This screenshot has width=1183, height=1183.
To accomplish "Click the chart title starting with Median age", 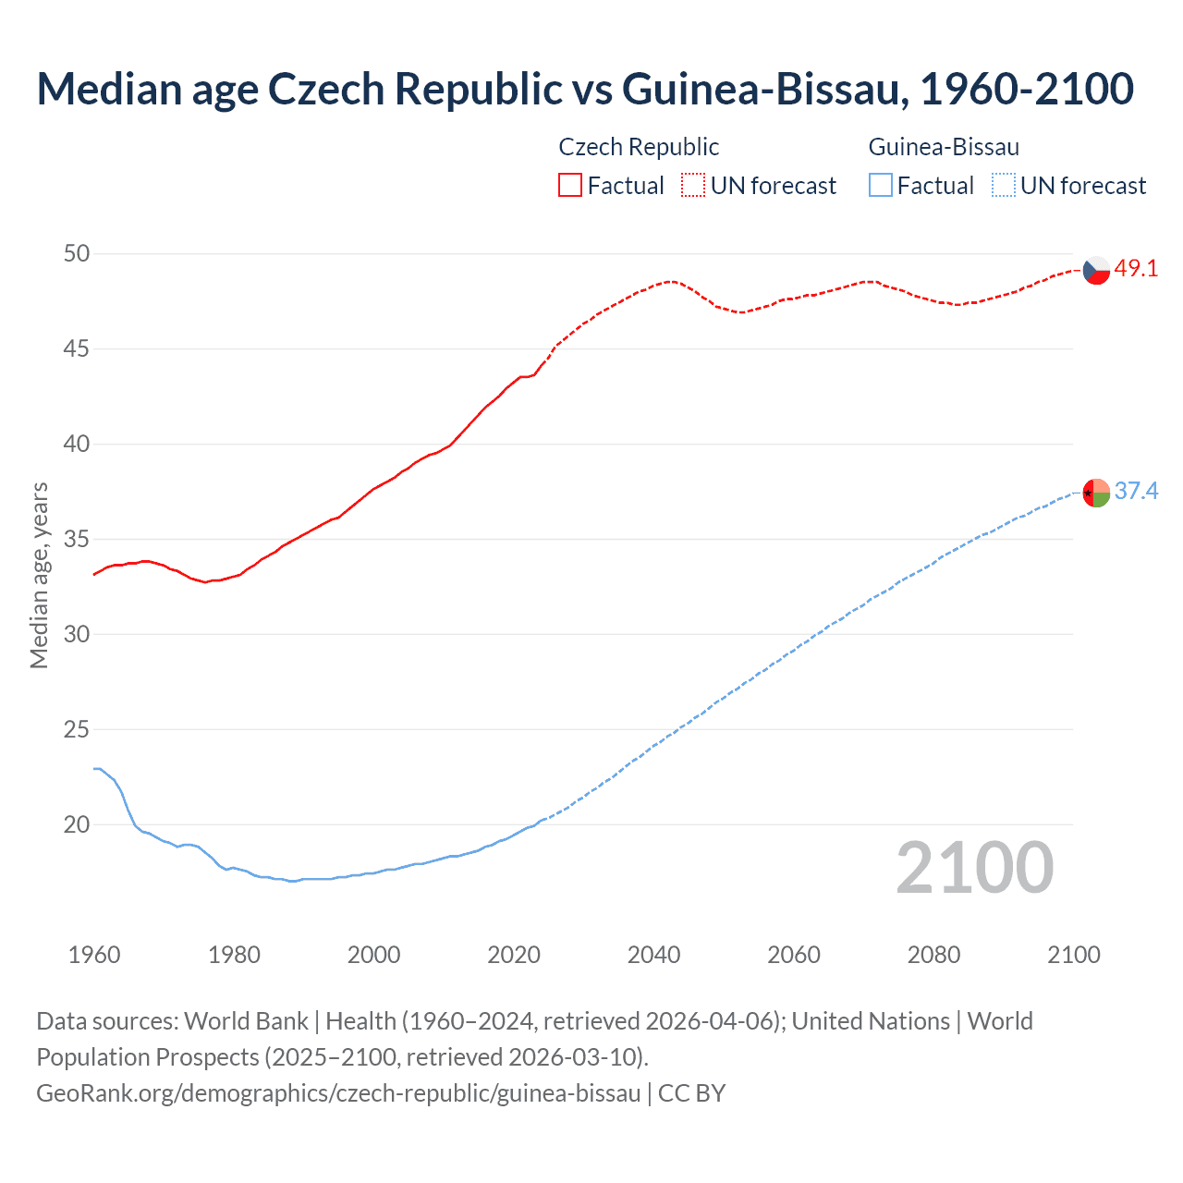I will [x=584, y=89].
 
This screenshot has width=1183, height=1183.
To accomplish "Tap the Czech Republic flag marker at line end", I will [x=1096, y=270].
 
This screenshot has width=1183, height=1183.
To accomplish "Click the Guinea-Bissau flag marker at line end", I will [x=1096, y=493].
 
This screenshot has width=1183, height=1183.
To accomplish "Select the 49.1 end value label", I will [x=1136, y=269].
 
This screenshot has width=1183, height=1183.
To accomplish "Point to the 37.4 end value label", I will [x=1136, y=491].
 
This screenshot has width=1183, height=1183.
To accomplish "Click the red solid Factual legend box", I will [x=570, y=186].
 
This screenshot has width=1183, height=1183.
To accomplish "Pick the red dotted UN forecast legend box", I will [x=693, y=186].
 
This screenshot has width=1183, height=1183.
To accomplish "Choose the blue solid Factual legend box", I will [x=881, y=186].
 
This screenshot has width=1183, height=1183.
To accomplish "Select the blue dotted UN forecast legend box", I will [x=1004, y=186].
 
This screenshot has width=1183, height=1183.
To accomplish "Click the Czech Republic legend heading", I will [x=639, y=147].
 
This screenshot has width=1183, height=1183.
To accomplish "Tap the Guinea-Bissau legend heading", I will [x=944, y=147].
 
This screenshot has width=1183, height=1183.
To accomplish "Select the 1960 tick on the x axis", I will [x=94, y=955].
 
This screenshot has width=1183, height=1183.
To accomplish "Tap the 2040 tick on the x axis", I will [x=653, y=955].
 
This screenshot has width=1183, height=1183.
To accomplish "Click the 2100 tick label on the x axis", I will [x=1073, y=955].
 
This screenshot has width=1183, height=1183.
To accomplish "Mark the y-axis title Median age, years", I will [x=39, y=575].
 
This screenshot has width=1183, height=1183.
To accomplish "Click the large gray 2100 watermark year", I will [x=974, y=868].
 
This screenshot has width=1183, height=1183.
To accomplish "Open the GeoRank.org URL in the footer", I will [x=338, y=1093].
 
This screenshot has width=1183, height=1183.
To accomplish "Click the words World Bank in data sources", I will [x=246, y=1021].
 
